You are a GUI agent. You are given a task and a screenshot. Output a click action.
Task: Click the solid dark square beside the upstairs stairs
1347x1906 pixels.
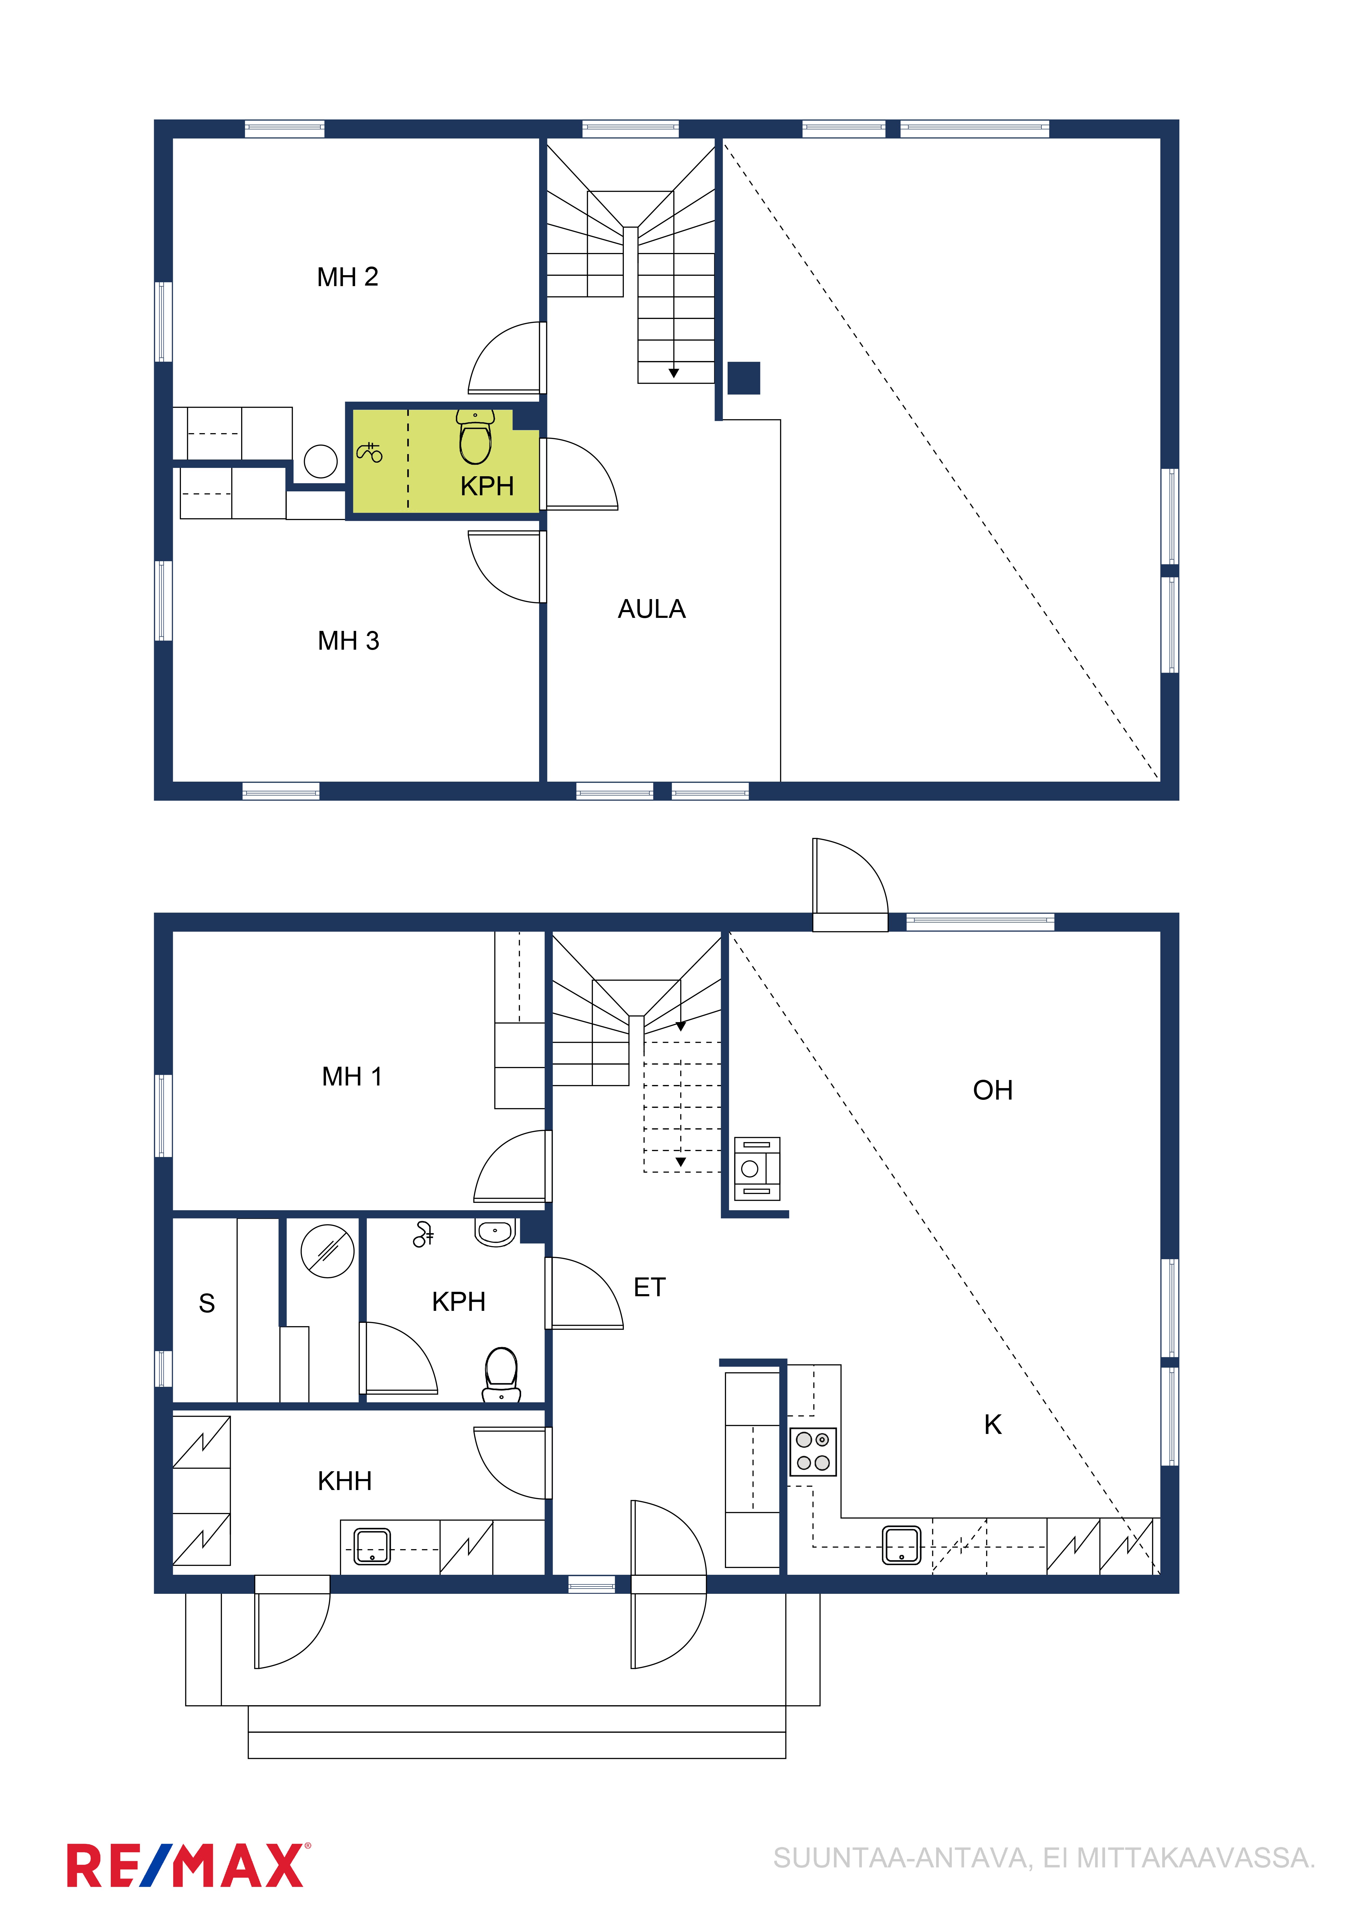[744, 378]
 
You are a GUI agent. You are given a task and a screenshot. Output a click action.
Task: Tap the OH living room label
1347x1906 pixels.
[993, 1090]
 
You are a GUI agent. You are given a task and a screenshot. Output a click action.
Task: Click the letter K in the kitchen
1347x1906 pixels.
[993, 1425]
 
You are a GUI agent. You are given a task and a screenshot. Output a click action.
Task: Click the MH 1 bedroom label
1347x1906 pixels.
[352, 1077]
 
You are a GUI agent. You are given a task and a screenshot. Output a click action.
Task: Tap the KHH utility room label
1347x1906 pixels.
[344, 1481]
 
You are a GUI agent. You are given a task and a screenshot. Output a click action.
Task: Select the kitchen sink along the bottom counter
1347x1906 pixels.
[901, 1545]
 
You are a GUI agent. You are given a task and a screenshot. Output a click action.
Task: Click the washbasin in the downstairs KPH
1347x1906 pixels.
[496, 1233]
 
